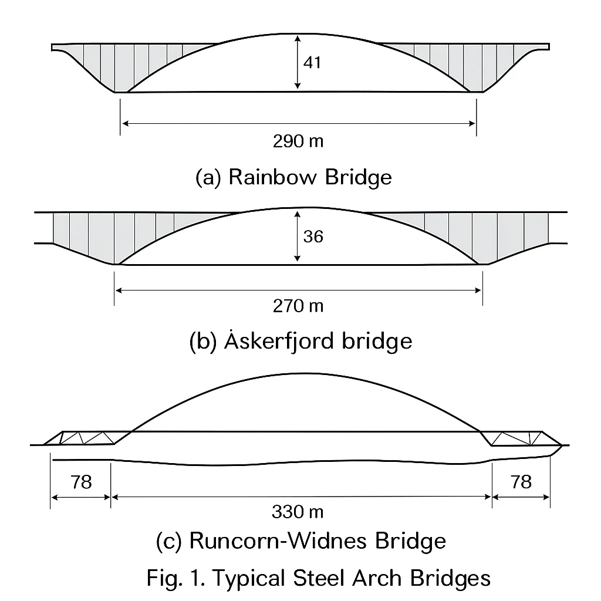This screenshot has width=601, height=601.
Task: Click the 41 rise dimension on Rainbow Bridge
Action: coord(313,62)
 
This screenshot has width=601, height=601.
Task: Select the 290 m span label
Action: coord(298,141)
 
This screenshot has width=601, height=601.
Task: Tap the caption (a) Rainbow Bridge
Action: coord(293,177)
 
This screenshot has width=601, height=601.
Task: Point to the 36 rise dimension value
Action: coord(313,237)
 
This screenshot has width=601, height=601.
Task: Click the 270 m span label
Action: coord(298,306)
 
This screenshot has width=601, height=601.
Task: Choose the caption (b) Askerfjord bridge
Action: coord(301,341)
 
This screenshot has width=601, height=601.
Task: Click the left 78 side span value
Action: coord(81,482)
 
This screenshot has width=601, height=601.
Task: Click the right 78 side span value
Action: coord(521,482)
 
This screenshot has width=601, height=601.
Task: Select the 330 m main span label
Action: coord(298,512)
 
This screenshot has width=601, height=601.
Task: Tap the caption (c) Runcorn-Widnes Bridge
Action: coord(301,541)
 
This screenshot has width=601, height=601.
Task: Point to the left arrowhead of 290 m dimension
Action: coord(124,123)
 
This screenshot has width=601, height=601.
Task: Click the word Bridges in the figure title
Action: coord(451,579)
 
